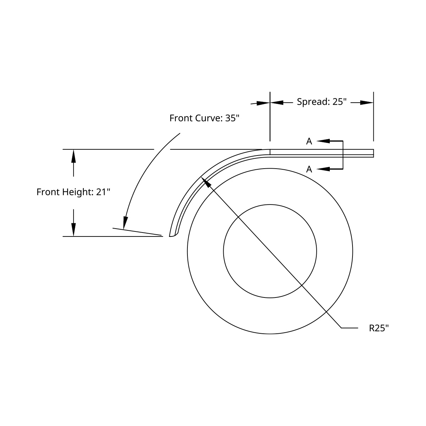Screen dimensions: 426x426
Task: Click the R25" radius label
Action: [x=379, y=328]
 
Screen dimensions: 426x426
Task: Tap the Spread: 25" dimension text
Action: [x=321, y=102]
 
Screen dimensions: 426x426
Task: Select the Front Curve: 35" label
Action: [x=204, y=118]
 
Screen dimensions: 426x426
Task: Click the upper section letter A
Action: [x=309, y=141]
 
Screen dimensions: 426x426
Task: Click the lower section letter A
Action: [x=309, y=169]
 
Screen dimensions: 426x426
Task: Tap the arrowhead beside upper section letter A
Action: [x=323, y=141]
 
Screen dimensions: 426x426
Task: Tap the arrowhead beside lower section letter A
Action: [x=323, y=169]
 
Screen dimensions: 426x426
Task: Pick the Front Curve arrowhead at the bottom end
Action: [x=125, y=223]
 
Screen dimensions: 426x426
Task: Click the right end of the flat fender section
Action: [x=373, y=153]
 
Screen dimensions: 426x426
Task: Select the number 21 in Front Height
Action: [x=101, y=192]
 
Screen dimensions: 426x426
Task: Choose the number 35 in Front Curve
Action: [x=230, y=118]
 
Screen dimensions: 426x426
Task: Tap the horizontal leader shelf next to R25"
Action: [x=349, y=328]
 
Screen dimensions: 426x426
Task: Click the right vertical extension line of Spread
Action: [x=373, y=117]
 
